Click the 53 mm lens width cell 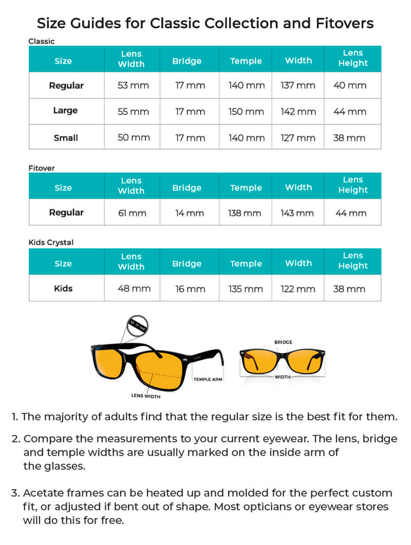coord(134,85)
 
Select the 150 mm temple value coord(247,111)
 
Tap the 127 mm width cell coord(298,138)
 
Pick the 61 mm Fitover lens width coord(132,213)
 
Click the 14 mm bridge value coord(190,213)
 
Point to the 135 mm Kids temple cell coord(246,289)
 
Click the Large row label coord(66,110)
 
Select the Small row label coord(66,138)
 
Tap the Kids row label coord(63,288)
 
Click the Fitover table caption coord(42,168)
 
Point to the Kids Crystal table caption coord(51,242)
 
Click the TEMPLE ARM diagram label coord(208,380)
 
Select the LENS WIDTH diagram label coord(146,396)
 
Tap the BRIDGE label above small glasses coord(283,342)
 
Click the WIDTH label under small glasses coord(283,377)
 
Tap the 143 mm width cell coord(298,213)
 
